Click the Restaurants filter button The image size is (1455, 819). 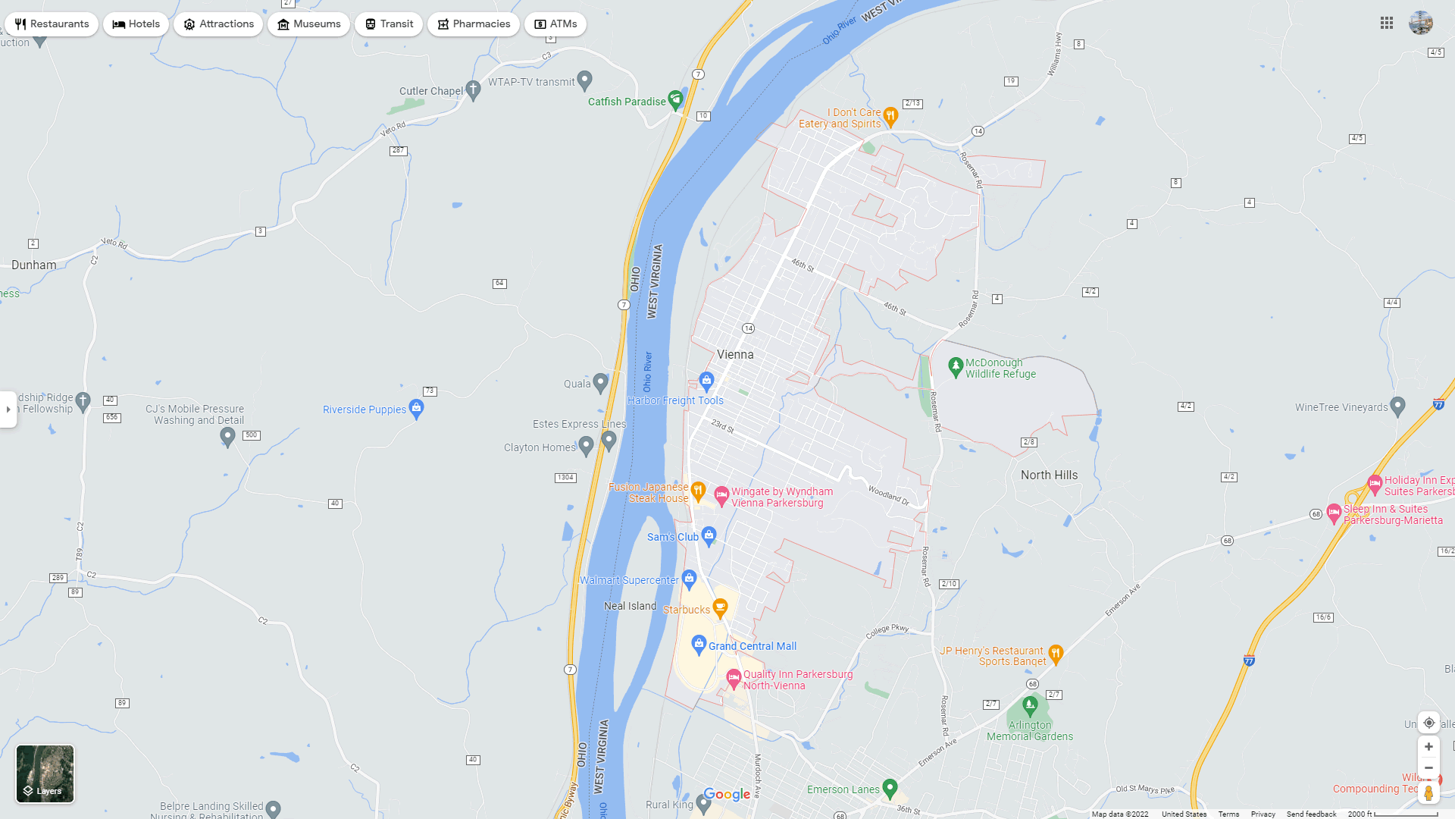[52, 24]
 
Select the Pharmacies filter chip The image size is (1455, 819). [473, 24]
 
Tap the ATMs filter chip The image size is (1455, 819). [555, 24]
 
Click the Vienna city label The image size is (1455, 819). [735, 354]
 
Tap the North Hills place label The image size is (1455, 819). [1049, 475]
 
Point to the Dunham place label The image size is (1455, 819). [33, 265]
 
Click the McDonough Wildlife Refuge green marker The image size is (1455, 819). [956, 367]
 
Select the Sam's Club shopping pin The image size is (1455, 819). [709, 535]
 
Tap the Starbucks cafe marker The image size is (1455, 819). [720, 607]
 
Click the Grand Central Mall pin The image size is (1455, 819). [699, 645]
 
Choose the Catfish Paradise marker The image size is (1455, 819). [675, 100]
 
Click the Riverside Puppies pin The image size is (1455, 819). [416, 408]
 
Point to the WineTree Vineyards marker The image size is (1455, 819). [1398, 406]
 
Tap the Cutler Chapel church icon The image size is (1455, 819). [473, 90]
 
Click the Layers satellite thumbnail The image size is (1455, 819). [45, 773]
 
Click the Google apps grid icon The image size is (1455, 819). [1387, 24]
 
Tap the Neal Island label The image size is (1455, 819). [630, 606]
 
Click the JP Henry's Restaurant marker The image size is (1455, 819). [1056, 653]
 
